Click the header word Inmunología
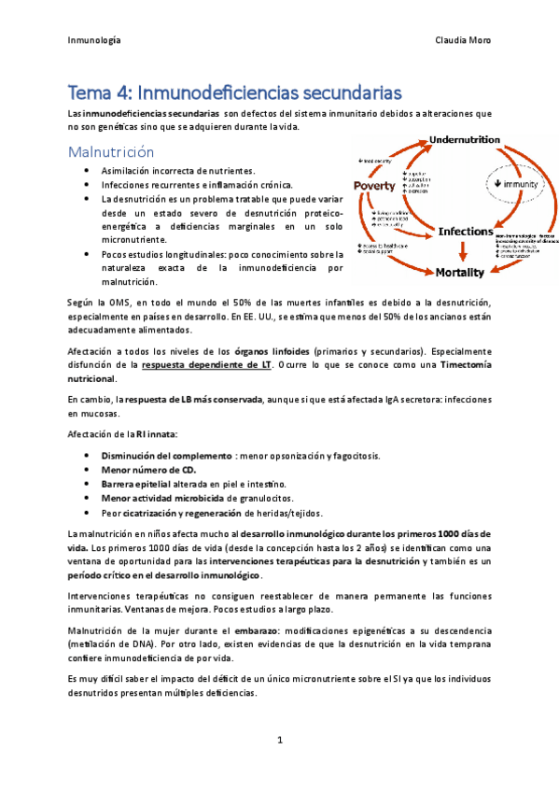click(x=94, y=41)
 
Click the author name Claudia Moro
click(x=463, y=41)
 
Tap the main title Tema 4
click(x=234, y=92)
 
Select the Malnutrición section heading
click(x=110, y=151)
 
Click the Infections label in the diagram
click(x=465, y=231)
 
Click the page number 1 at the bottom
click(x=279, y=740)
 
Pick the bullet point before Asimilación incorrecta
click(x=87, y=171)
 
